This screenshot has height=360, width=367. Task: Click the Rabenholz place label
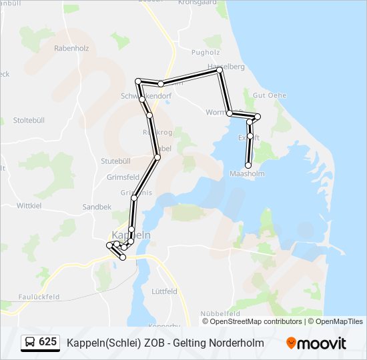pos(71,48)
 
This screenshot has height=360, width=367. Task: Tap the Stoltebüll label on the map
pos(28,120)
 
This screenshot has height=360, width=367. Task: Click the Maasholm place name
pos(247,173)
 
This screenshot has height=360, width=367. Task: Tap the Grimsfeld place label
pos(123,177)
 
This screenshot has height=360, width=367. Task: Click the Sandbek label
pos(97,207)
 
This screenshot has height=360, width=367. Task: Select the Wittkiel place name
pos(29,205)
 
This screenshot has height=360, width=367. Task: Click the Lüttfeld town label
pos(164,291)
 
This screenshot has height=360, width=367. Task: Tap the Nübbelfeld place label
pos(220,313)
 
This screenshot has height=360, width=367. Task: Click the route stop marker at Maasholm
pos(248,165)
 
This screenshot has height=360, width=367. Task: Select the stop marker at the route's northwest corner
pos(138,81)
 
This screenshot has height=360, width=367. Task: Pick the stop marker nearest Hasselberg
pos(220,69)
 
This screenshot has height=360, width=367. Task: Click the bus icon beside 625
pos(30,343)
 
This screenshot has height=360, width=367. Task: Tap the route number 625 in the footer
pos(47,343)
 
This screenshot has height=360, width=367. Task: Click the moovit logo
pos(316,343)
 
